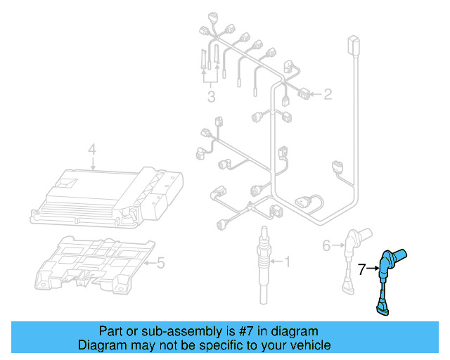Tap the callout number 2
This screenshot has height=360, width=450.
328,94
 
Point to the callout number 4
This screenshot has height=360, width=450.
91,149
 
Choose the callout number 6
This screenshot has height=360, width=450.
326,245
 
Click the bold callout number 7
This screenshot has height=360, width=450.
361,268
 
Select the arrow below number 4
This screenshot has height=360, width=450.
92,163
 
